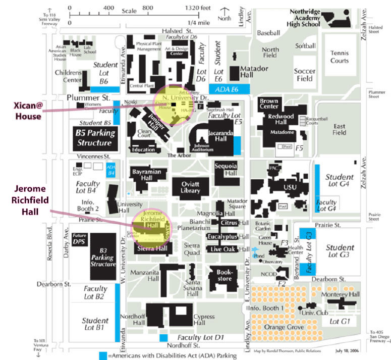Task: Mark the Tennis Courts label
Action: (x=339, y=57)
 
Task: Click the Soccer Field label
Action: (x=304, y=75)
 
